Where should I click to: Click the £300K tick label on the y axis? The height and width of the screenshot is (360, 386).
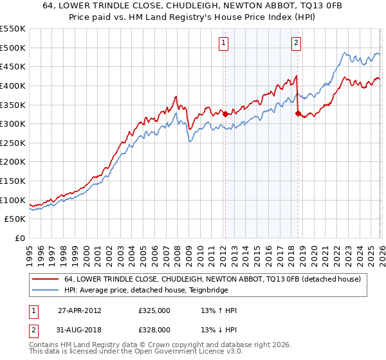tap(13, 123)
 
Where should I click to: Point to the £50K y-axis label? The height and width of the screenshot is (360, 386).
tap(15, 219)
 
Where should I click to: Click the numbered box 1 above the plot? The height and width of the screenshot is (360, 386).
tap(224, 43)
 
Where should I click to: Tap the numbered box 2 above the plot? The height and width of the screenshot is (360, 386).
tap(296, 43)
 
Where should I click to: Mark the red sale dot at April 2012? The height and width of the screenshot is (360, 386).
tap(225, 114)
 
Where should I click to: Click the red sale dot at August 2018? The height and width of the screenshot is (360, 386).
tap(298, 113)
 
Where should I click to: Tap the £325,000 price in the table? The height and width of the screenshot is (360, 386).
tap(154, 310)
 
